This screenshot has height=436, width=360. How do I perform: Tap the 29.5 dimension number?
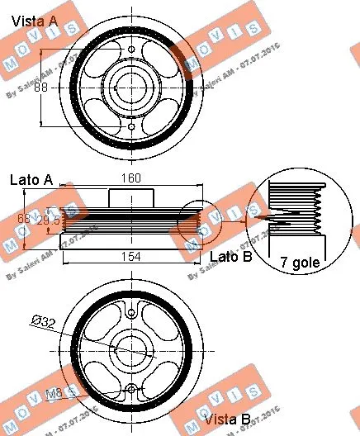[x=50, y=220]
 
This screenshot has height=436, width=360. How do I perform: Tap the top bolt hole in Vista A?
[x=131, y=50]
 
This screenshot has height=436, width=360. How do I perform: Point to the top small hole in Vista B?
[x=130, y=312]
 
